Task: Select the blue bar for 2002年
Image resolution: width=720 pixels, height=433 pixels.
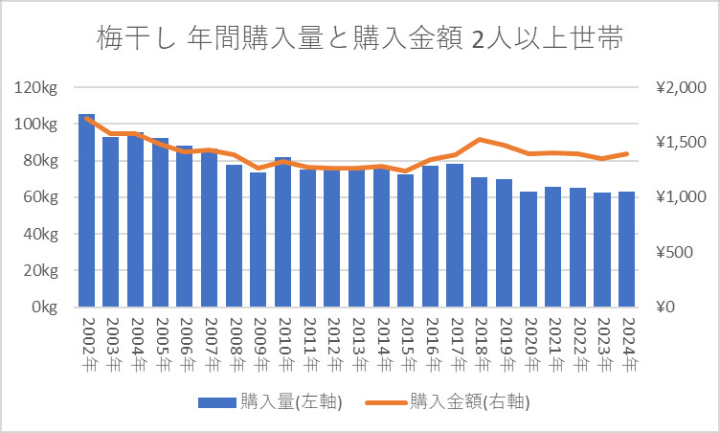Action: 87,211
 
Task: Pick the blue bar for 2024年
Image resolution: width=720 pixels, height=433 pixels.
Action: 627,249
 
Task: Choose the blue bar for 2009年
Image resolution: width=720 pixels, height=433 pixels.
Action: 259,239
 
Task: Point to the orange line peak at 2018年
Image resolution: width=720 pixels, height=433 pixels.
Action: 480,140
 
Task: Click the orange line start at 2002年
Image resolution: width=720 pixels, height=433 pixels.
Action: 87,118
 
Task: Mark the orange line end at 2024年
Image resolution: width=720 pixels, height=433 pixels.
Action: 627,153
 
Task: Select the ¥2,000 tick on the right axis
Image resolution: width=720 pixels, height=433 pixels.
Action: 681,88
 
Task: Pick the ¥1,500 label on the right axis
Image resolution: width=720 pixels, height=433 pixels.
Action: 681,143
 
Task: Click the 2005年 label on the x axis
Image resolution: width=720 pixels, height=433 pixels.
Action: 162,344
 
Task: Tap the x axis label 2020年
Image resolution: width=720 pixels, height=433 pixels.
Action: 529,344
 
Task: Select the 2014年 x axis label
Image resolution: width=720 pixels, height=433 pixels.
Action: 382,344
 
